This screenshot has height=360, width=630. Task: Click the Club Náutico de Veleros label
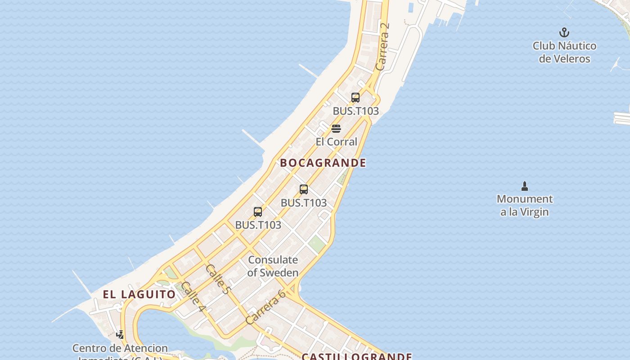564,52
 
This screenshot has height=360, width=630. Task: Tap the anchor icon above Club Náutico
564,32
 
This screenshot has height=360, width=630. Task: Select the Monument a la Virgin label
524,205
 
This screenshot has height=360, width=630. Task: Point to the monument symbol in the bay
524,186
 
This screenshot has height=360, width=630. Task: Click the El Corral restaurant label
336,142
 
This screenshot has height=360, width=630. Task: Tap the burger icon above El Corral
336,129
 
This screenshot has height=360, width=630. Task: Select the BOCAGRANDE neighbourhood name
323,163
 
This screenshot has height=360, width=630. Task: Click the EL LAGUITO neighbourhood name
139,295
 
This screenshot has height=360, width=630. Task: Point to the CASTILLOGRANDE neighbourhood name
356,357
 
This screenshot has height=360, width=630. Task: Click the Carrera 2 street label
382,46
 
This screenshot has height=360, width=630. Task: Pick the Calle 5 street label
217,279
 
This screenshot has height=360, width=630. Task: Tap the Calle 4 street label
193,297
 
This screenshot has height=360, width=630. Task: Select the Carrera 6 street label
265,307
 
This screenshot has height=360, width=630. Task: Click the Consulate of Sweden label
273,266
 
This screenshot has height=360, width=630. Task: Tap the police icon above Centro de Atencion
120,334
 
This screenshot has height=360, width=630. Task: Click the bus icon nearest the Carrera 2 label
355,98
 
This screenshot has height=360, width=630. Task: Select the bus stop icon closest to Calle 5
258,211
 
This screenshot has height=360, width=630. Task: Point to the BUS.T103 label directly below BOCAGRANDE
304,203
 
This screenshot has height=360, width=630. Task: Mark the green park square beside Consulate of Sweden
317,244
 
